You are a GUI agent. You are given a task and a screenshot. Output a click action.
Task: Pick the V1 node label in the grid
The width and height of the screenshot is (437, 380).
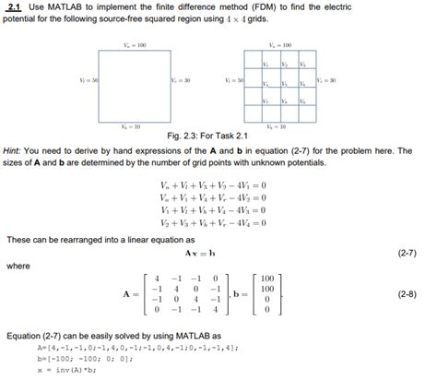[266, 63]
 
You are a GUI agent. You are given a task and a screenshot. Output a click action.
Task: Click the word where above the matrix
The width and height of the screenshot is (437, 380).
[18, 266]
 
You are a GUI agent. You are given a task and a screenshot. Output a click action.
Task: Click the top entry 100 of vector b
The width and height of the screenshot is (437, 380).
[266, 277]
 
